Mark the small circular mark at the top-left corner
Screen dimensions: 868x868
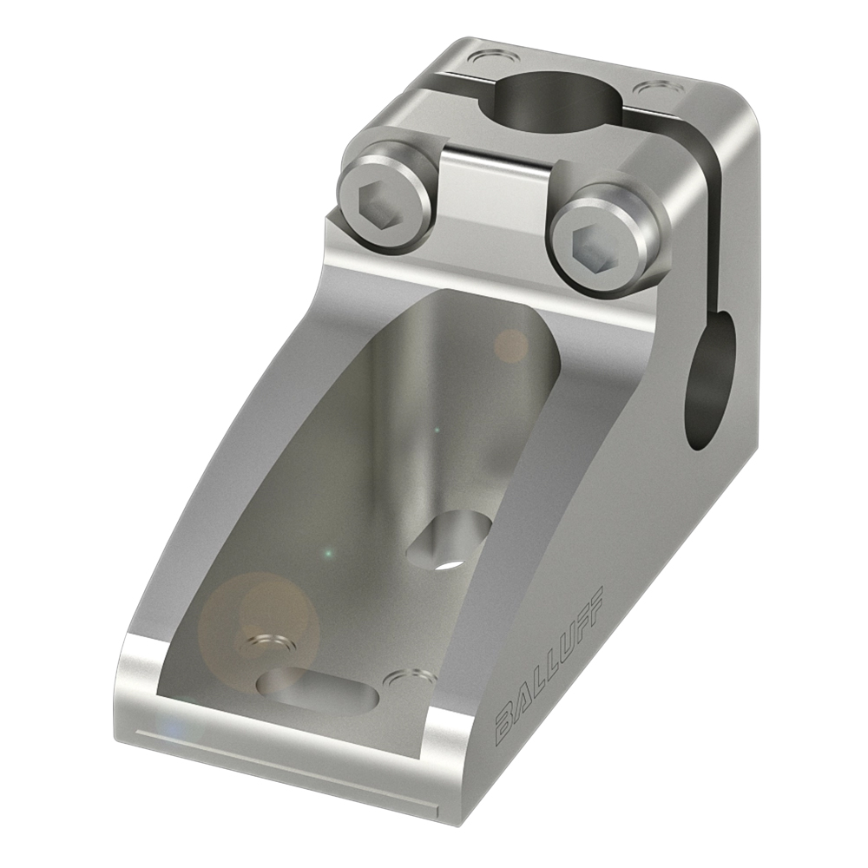coord(486,60)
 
